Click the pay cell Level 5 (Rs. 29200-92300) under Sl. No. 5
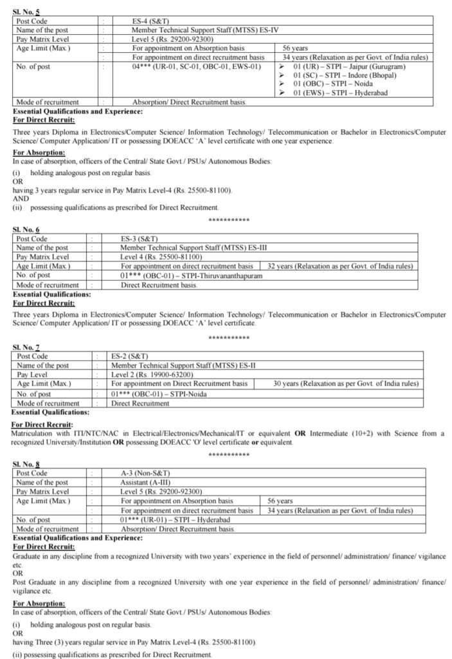point(172,39)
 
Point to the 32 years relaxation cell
point(345,266)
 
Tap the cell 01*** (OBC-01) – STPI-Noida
point(159,394)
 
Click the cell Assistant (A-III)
point(144,482)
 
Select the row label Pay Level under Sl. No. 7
point(32,374)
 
